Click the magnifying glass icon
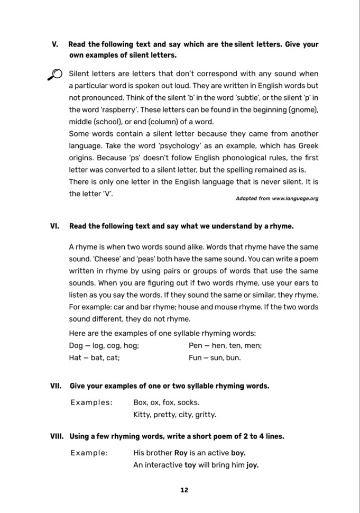tap(54, 75)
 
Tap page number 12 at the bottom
tap(184, 490)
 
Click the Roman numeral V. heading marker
tap(54, 44)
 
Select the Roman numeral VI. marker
tap(54, 226)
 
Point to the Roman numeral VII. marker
tap(56, 386)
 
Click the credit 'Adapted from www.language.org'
tap(277, 198)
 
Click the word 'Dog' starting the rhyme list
tap(76, 346)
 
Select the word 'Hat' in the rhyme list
tap(75, 358)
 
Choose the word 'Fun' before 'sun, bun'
tap(195, 358)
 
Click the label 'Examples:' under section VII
tap(91, 402)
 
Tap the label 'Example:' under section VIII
tap(89, 453)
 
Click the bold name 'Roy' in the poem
tap(182, 453)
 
